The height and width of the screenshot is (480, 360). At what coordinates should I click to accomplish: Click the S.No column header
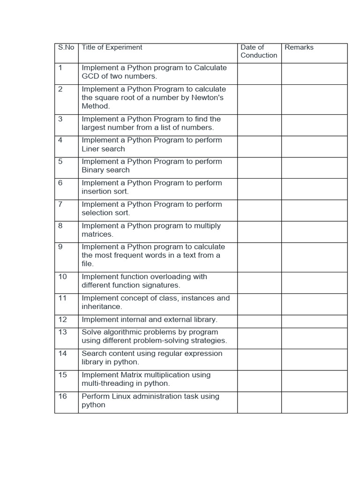click(x=66, y=47)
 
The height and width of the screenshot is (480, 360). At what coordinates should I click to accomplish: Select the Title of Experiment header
click(x=112, y=47)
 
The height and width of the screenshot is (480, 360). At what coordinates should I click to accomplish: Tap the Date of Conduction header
click(x=259, y=51)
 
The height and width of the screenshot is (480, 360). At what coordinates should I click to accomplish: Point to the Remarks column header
click(x=299, y=47)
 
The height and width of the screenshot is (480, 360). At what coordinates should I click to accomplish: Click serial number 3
click(x=60, y=119)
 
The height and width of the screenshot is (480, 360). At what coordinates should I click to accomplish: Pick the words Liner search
click(x=103, y=149)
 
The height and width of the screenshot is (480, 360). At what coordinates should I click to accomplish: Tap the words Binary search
click(x=105, y=170)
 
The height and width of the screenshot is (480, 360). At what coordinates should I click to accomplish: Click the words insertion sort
click(x=105, y=191)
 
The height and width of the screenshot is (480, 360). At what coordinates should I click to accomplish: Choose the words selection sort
click(x=106, y=213)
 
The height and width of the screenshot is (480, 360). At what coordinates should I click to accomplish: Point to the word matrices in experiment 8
click(x=97, y=234)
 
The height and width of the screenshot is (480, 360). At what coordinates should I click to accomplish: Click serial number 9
click(x=60, y=247)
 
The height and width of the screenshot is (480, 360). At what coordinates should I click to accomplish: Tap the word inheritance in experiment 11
click(x=102, y=307)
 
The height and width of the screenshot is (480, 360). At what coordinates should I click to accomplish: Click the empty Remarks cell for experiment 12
click(x=314, y=321)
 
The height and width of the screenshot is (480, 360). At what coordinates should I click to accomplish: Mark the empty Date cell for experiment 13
click(x=259, y=338)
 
